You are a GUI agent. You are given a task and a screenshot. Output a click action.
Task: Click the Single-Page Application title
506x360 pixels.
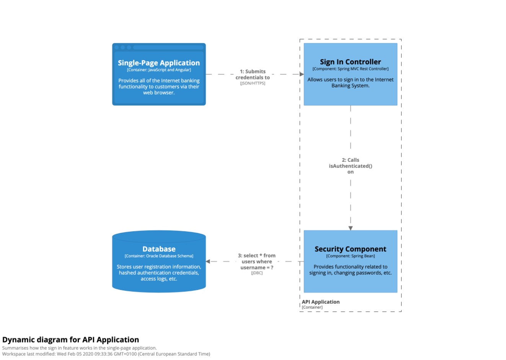[159, 63]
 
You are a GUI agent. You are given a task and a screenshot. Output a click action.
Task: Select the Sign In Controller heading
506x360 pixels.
[350, 62]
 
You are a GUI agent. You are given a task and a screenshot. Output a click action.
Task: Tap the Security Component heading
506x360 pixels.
[350, 249]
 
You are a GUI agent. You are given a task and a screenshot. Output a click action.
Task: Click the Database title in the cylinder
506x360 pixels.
[159, 249]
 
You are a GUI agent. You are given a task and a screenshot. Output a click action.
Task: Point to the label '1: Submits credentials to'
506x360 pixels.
[253, 74]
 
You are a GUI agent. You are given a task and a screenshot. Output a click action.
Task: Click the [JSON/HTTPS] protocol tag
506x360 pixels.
[253, 83]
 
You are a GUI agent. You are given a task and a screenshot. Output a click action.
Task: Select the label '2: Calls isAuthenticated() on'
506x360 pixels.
[350, 166]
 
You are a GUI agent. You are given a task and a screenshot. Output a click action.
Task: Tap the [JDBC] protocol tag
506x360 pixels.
[256, 273]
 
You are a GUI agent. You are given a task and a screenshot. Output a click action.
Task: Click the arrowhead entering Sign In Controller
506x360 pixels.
[302, 74]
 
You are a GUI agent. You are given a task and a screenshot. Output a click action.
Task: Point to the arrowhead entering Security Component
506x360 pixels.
[350, 228]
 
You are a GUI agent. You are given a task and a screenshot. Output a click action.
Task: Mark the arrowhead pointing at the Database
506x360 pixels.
[208, 262]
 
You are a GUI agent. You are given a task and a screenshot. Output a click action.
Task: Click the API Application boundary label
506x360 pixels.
[320, 302]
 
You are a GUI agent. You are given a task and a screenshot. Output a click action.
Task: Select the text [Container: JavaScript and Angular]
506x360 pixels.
[159, 70]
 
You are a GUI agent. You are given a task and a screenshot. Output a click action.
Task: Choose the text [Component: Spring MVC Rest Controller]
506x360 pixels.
[350, 69]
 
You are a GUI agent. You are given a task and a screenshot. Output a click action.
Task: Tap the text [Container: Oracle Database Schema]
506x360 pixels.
[159, 256]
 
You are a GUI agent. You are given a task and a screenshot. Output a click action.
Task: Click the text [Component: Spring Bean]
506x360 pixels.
[350, 256]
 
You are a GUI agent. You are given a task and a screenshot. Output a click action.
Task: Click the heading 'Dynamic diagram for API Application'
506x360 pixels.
[71, 340]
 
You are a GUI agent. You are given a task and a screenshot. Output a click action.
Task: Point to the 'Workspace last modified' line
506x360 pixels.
[106, 354]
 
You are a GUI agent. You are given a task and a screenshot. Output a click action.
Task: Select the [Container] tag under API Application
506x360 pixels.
[312, 307]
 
